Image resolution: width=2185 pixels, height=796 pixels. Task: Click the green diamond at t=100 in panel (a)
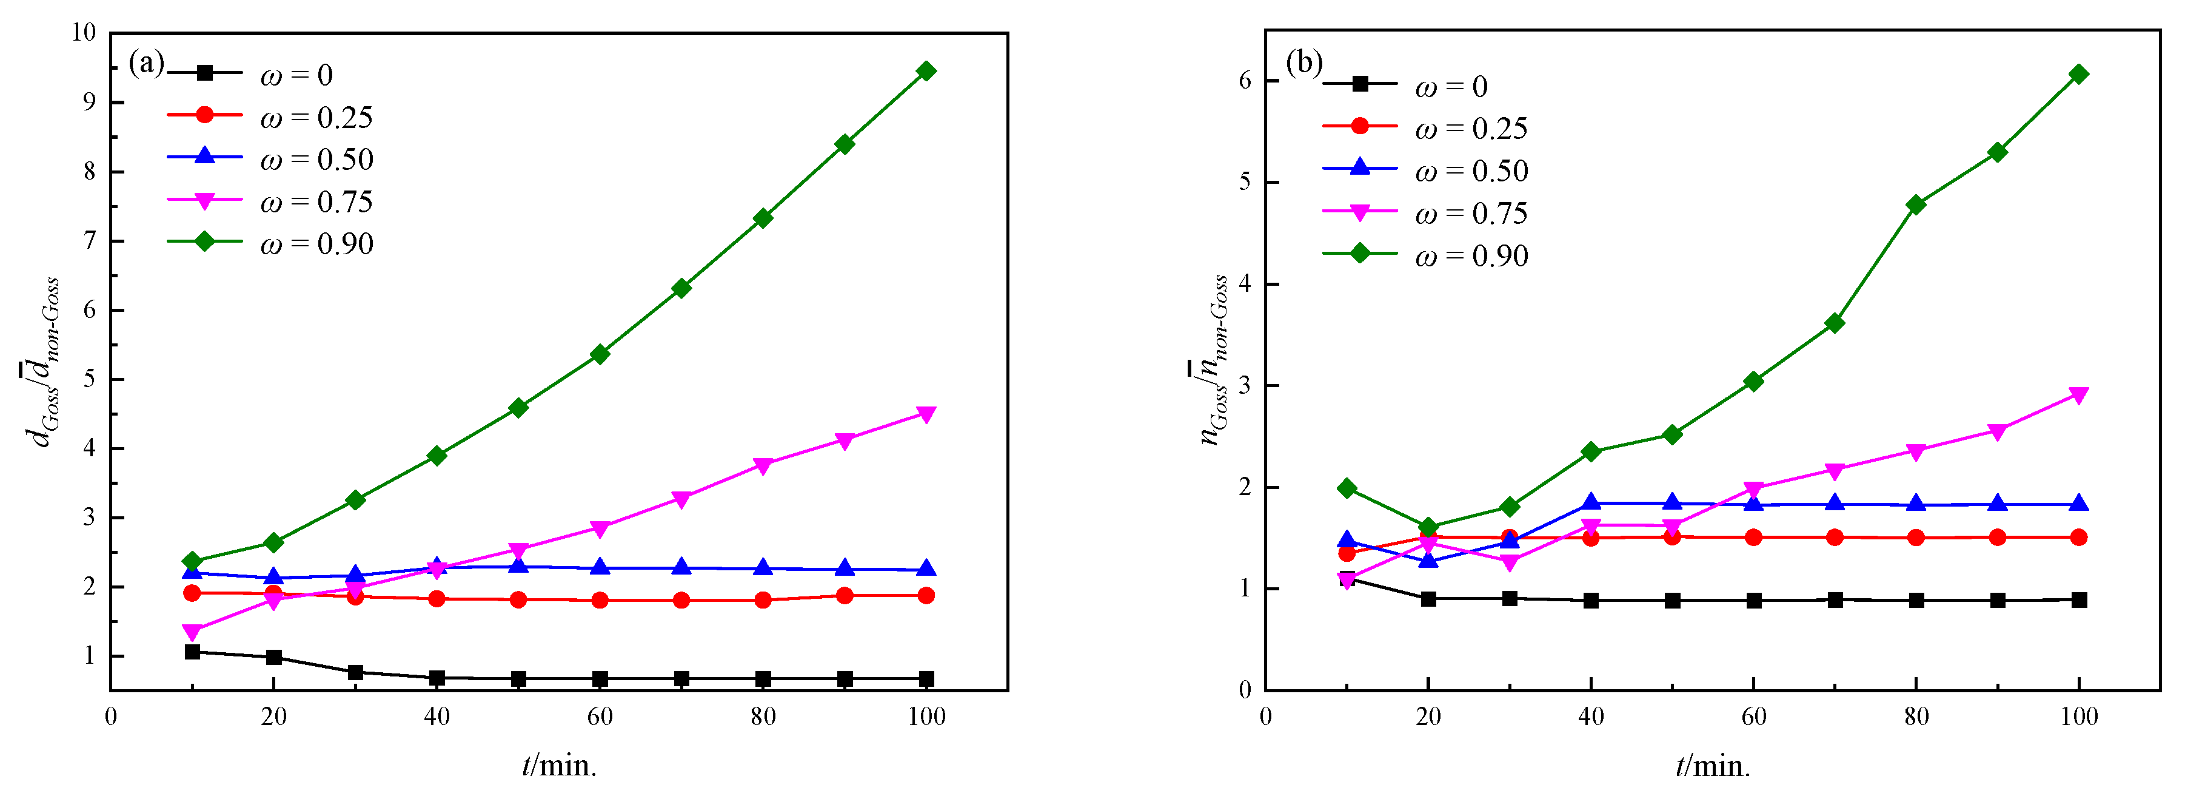[926, 71]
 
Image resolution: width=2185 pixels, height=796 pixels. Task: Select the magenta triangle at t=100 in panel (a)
[926, 414]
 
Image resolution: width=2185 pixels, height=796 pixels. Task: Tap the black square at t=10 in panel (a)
[193, 652]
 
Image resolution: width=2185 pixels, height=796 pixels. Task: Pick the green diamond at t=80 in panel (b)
[1915, 204]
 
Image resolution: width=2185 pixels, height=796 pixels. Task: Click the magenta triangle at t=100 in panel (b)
[2079, 394]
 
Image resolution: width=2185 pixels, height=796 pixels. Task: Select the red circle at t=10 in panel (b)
[1346, 553]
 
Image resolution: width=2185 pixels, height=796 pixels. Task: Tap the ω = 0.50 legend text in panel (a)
[315, 160]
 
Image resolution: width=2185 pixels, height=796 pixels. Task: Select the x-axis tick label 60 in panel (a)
[600, 717]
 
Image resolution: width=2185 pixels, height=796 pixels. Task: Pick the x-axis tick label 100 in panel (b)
[2079, 717]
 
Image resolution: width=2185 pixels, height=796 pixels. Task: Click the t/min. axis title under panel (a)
[559, 766]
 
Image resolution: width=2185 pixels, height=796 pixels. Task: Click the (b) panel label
[1303, 62]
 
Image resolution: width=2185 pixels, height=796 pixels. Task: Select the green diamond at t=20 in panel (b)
[1428, 527]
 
